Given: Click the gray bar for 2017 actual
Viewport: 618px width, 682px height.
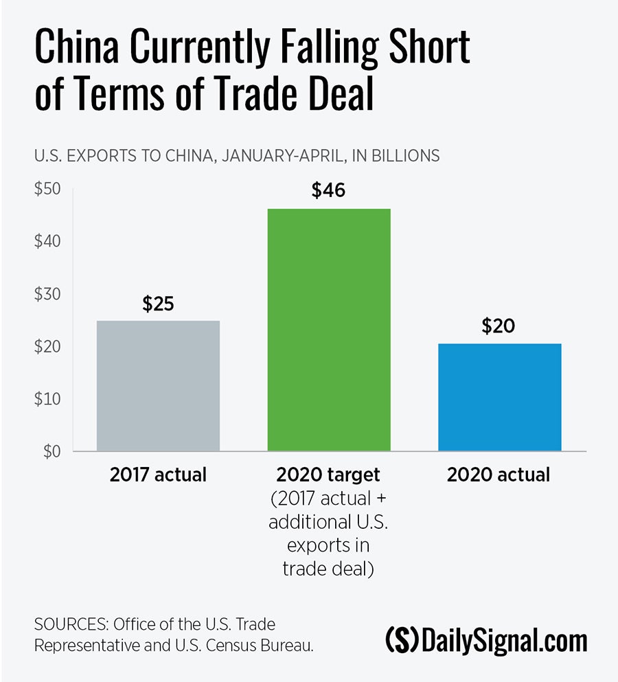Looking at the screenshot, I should [158, 385].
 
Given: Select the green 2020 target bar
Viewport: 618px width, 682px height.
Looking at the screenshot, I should [328, 330].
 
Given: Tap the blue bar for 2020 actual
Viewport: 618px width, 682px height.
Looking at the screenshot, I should [499, 397].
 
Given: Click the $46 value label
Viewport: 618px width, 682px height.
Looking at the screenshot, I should [328, 190].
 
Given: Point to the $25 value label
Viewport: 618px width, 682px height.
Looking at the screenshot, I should [159, 303].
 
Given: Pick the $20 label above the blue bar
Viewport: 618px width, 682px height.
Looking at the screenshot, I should [499, 326].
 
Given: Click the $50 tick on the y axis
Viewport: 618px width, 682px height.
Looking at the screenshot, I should [48, 190].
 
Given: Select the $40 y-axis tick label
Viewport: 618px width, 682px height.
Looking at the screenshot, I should [48, 242].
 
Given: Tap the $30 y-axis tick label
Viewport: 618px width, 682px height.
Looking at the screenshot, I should [48, 294].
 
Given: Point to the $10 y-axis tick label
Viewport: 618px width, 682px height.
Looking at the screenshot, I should [48, 399].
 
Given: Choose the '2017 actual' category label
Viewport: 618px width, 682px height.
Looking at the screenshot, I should [158, 475].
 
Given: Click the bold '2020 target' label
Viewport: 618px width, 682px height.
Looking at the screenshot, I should [328, 475].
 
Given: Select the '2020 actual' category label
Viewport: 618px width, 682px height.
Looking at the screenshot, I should [499, 475].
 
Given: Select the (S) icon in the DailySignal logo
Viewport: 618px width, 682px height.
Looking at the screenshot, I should [402, 640].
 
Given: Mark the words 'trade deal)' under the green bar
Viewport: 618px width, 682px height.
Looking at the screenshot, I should [328, 569].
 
